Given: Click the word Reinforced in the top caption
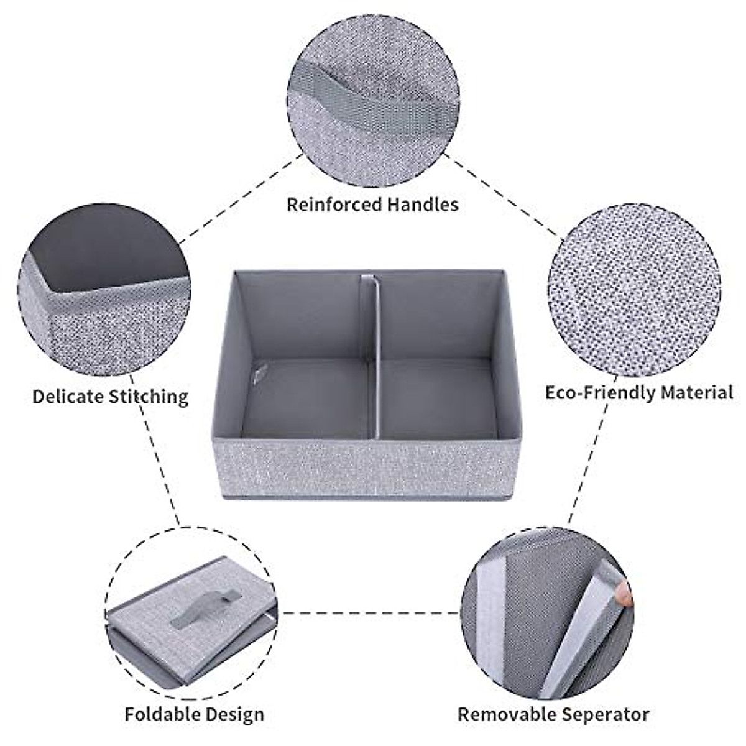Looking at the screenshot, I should (x=333, y=204).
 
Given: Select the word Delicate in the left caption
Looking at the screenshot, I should (x=68, y=396).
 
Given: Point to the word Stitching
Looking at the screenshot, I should (x=149, y=397).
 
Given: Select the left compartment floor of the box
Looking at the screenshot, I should (x=305, y=398).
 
